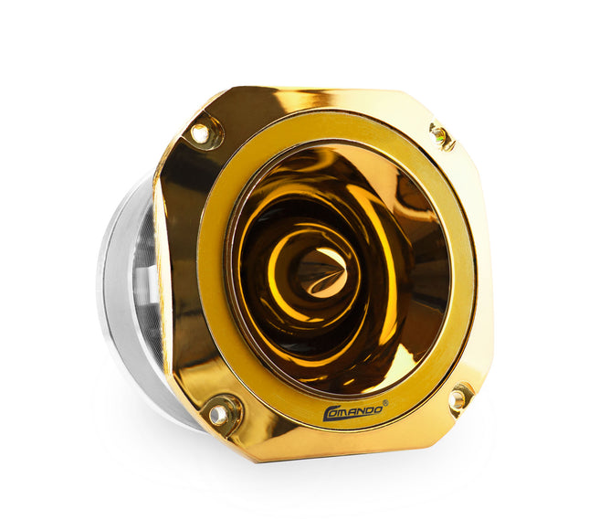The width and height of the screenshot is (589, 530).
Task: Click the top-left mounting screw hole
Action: coord(200,133)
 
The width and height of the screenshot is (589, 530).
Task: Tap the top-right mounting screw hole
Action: coord(438,133)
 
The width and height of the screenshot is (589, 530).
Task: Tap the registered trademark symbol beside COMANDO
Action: coord(386,403)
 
